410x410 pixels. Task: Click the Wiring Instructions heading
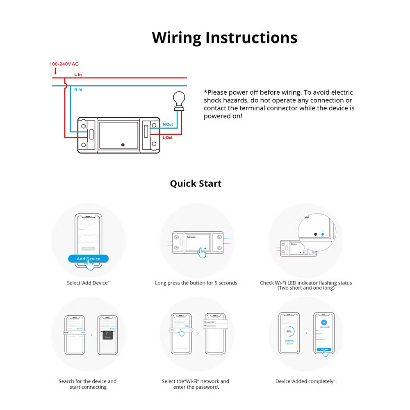pos(224,37)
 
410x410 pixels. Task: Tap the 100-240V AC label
pos(64,64)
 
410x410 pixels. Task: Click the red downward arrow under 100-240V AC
pos(55,72)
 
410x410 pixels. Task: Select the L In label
pos(78,75)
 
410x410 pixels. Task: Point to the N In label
pos(78,89)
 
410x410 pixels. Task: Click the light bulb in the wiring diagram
pos(179,100)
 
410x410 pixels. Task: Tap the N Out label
pos(168,124)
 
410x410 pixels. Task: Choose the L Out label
pos(168,137)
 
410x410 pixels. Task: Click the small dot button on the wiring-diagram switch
pos(123,145)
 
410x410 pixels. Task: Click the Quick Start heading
pos(196,183)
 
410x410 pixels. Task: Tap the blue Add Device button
pos(88,259)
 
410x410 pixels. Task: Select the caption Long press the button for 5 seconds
pos(196,283)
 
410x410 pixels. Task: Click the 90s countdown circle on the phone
pos(289,331)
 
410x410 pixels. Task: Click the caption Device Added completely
pos(306,381)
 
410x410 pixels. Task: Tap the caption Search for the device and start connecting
pos(87,384)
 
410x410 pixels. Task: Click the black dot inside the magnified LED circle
pos(315,234)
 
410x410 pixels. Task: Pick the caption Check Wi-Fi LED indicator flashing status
pos(306,283)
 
